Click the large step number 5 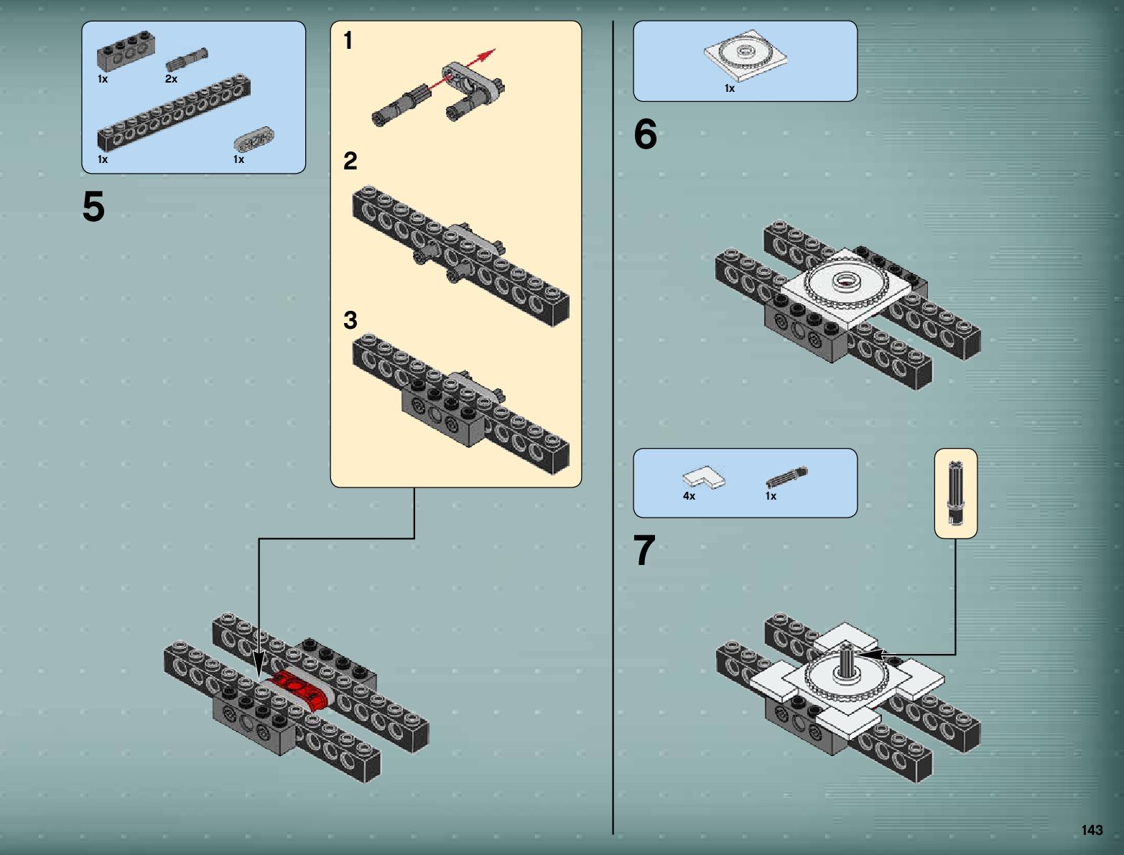point(93,206)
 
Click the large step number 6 point(645,134)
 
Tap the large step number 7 point(644,550)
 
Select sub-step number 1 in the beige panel point(348,40)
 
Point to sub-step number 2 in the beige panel point(350,161)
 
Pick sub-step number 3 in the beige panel point(350,320)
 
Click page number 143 point(1092,830)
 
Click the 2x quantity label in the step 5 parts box point(171,79)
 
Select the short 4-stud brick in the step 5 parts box point(126,50)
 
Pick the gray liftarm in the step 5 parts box point(254,138)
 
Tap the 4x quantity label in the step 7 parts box point(689,496)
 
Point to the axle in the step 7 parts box point(786,477)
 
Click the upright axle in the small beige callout point(955,492)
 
